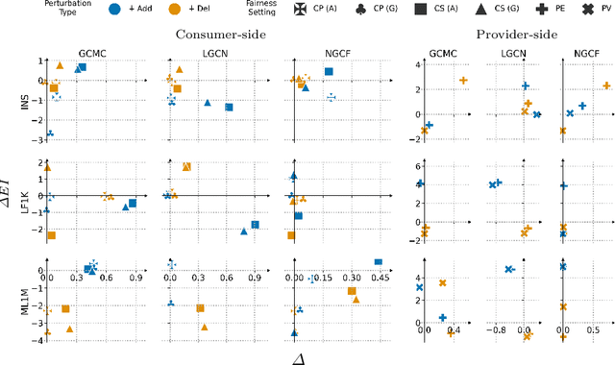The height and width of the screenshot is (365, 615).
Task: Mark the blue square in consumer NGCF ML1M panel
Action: pos(379,262)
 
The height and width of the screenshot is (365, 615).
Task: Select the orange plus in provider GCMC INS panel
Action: pos(464,81)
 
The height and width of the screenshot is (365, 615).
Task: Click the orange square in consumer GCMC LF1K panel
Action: pos(51,235)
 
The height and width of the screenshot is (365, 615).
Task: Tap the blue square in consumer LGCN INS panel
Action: pos(229,108)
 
